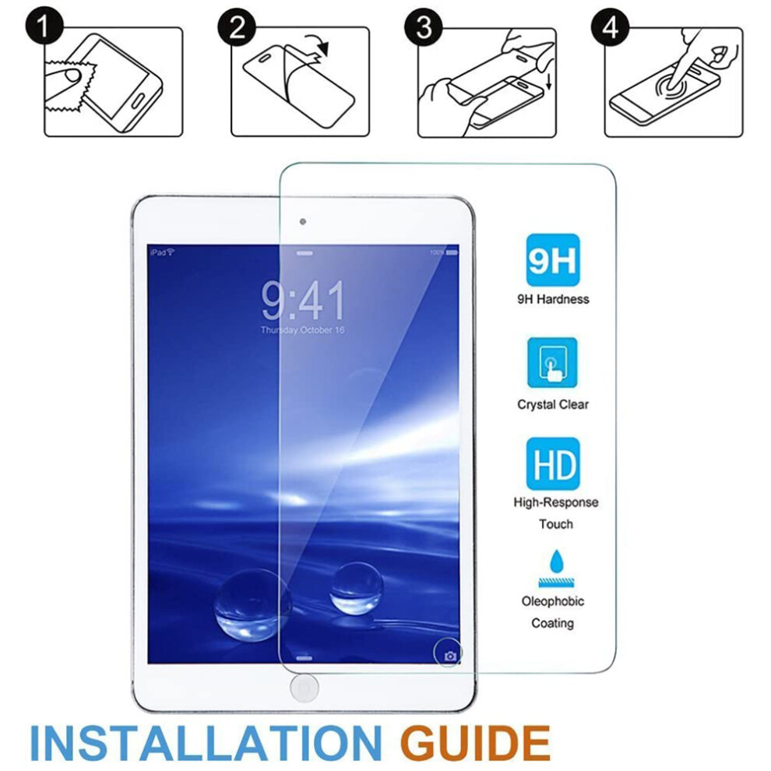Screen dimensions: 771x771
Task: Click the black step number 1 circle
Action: pyautogui.click(x=44, y=26)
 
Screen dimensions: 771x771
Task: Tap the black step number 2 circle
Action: pyautogui.click(x=237, y=26)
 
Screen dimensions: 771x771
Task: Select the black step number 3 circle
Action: pyautogui.click(x=424, y=26)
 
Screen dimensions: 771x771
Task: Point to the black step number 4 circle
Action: pyautogui.click(x=611, y=26)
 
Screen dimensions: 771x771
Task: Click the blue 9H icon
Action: pyautogui.click(x=553, y=260)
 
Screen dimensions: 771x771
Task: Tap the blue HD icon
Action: pyautogui.click(x=553, y=463)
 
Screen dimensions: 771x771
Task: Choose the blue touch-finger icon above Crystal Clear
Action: pyautogui.click(x=552, y=363)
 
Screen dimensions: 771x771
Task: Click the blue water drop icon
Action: pyautogui.click(x=556, y=561)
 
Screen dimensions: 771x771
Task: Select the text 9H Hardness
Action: pyautogui.click(x=553, y=299)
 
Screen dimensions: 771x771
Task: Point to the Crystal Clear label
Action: pyautogui.click(x=553, y=405)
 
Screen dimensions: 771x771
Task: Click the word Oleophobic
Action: pyautogui.click(x=553, y=601)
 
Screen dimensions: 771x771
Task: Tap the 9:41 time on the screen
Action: pyautogui.click(x=303, y=300)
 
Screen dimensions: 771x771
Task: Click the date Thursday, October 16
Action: pyautogui.click(x=302, y=330)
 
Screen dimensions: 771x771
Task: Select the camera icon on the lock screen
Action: pyautogui.click(x=450, y=656)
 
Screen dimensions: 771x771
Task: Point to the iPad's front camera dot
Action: pyautogui.click(x=303, y=222)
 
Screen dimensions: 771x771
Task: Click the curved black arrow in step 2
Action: pyautogui.click(x=317, y=44)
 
